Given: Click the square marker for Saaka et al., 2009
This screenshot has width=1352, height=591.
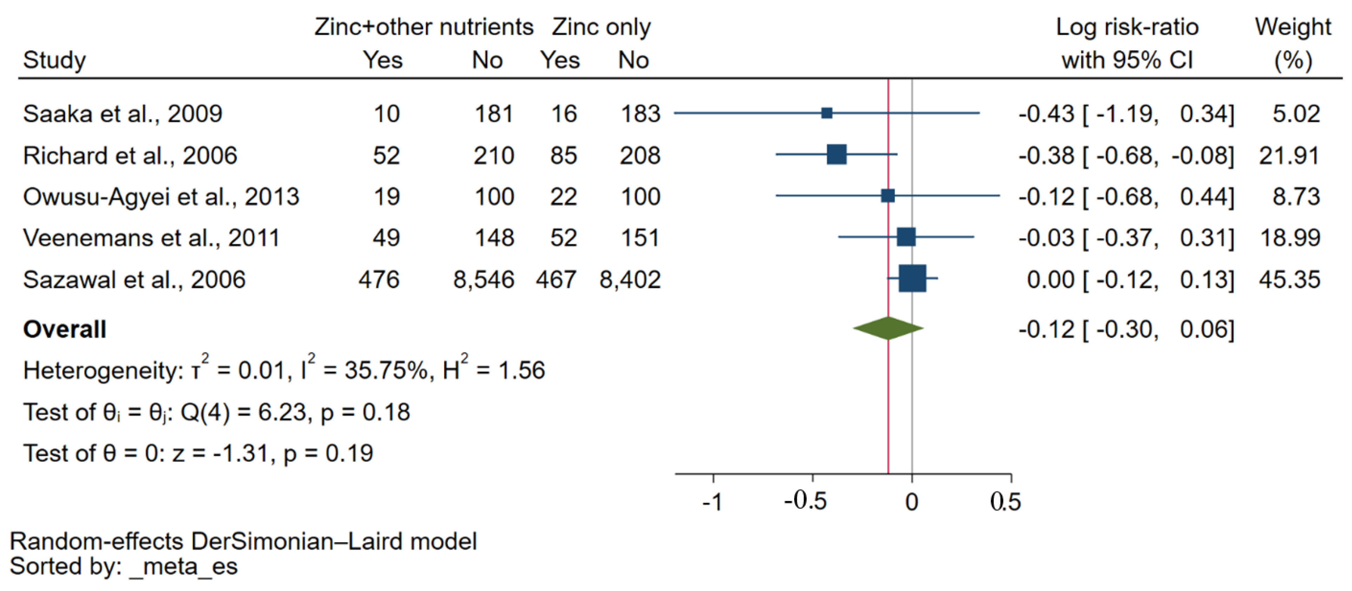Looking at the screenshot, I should pyautogui.click(x=827, y=113).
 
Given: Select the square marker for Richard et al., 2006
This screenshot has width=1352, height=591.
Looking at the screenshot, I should pyautogui.click(x=837, y=154).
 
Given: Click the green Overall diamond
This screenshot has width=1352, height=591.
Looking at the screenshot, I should pyautogui.click(x=888, y=328).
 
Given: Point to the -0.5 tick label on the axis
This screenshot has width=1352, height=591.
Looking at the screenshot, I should pyautogui.click(x=806, y=502).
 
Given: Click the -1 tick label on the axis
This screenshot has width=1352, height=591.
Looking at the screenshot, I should pyautogui.click(x=712, y=502).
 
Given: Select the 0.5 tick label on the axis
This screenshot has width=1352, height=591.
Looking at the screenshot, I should pyautogui.click(x=1005, y=502).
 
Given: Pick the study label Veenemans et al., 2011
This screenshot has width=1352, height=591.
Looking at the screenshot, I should pyautogui.click(x=151, y=238).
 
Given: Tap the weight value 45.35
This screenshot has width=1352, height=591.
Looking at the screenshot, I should pyautogui.click(x=1290, y=279).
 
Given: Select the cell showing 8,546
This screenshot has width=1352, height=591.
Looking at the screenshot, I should pyautogui.click(x=483, y=279).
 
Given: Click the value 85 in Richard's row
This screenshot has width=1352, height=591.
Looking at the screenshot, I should pyautogui.click(x=564, y=155).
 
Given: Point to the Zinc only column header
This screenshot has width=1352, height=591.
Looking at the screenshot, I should pyautogui.click(x=601, y=26).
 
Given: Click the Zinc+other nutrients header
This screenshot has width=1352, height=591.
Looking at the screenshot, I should pyautogui.click(x=423, y=26).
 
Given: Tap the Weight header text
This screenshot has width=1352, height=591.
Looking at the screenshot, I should pyautogui.click(x=1293, y=26).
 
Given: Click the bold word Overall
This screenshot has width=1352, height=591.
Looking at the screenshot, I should pyautogui.click(x=65, y=330).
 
